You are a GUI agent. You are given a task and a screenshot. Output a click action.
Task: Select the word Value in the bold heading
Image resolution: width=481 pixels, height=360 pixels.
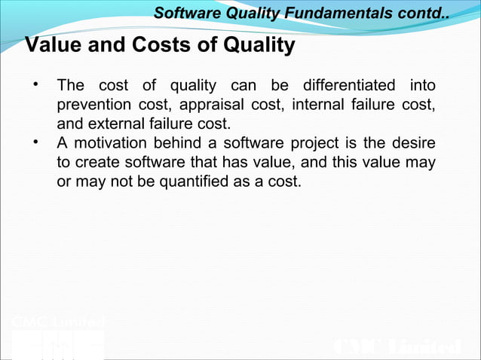[54, 46]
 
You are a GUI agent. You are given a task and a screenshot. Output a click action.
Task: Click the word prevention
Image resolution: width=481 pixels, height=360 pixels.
[93, 104]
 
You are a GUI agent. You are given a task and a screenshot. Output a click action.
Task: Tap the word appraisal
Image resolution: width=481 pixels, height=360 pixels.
[204, 104]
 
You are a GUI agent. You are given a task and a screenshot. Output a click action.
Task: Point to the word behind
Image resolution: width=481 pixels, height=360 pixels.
[179, 143]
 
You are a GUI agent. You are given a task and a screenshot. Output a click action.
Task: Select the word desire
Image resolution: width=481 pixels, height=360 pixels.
[413, 143]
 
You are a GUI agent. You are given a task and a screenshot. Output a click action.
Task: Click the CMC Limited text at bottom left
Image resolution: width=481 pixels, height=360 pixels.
[58, 323]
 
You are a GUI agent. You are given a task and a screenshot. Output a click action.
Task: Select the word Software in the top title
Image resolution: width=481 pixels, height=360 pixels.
[182, 13]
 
